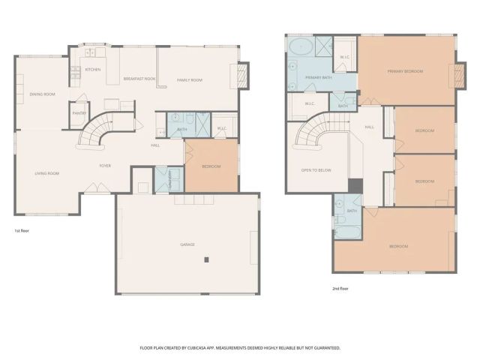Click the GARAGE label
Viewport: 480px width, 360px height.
click(187, 244)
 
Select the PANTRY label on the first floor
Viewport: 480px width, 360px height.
click(79, 113)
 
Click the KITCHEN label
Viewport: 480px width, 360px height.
click(93, 70)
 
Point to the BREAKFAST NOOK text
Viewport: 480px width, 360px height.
click(139, 79)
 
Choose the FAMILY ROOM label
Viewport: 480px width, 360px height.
click(190, 79)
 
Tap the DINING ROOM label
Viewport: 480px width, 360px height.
click(42, 94)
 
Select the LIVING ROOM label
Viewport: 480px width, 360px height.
click(46, 173)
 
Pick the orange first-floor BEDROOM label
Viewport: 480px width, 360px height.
click(211, 166)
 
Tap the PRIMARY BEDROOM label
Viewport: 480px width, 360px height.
click(405, 71)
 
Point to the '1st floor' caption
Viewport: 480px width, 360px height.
click(22, 231)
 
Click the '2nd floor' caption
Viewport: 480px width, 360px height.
click(341, 288)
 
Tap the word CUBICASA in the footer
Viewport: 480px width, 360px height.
click(199, 348)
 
